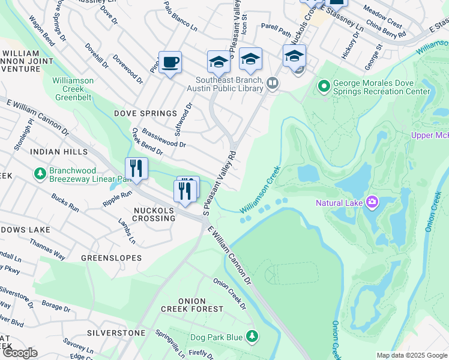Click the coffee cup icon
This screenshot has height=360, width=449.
[170, 62]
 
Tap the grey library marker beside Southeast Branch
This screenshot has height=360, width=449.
[273, 83]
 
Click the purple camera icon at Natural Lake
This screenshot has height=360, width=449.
[372, 202]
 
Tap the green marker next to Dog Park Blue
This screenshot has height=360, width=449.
[253, 337]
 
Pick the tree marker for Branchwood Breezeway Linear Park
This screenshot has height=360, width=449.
[40, 174]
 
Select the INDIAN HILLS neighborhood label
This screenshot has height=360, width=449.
[59, 152]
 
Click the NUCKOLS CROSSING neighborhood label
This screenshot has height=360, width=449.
[155, 214]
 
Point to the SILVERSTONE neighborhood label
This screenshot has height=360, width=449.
[116, 332]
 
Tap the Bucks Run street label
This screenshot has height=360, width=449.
[65, 202]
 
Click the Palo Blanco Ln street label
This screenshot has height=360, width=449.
[181, 16]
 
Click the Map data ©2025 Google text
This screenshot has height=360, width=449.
[412, 355]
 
